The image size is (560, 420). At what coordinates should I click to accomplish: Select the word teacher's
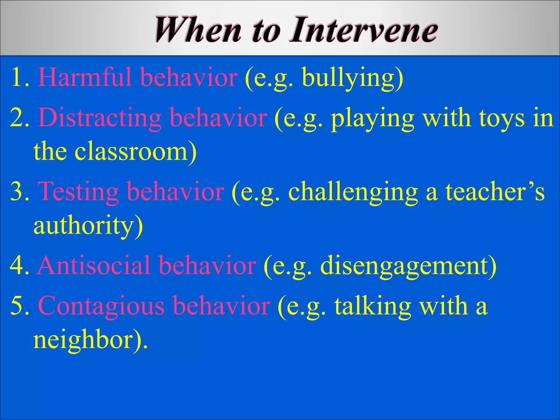point(495,191)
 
